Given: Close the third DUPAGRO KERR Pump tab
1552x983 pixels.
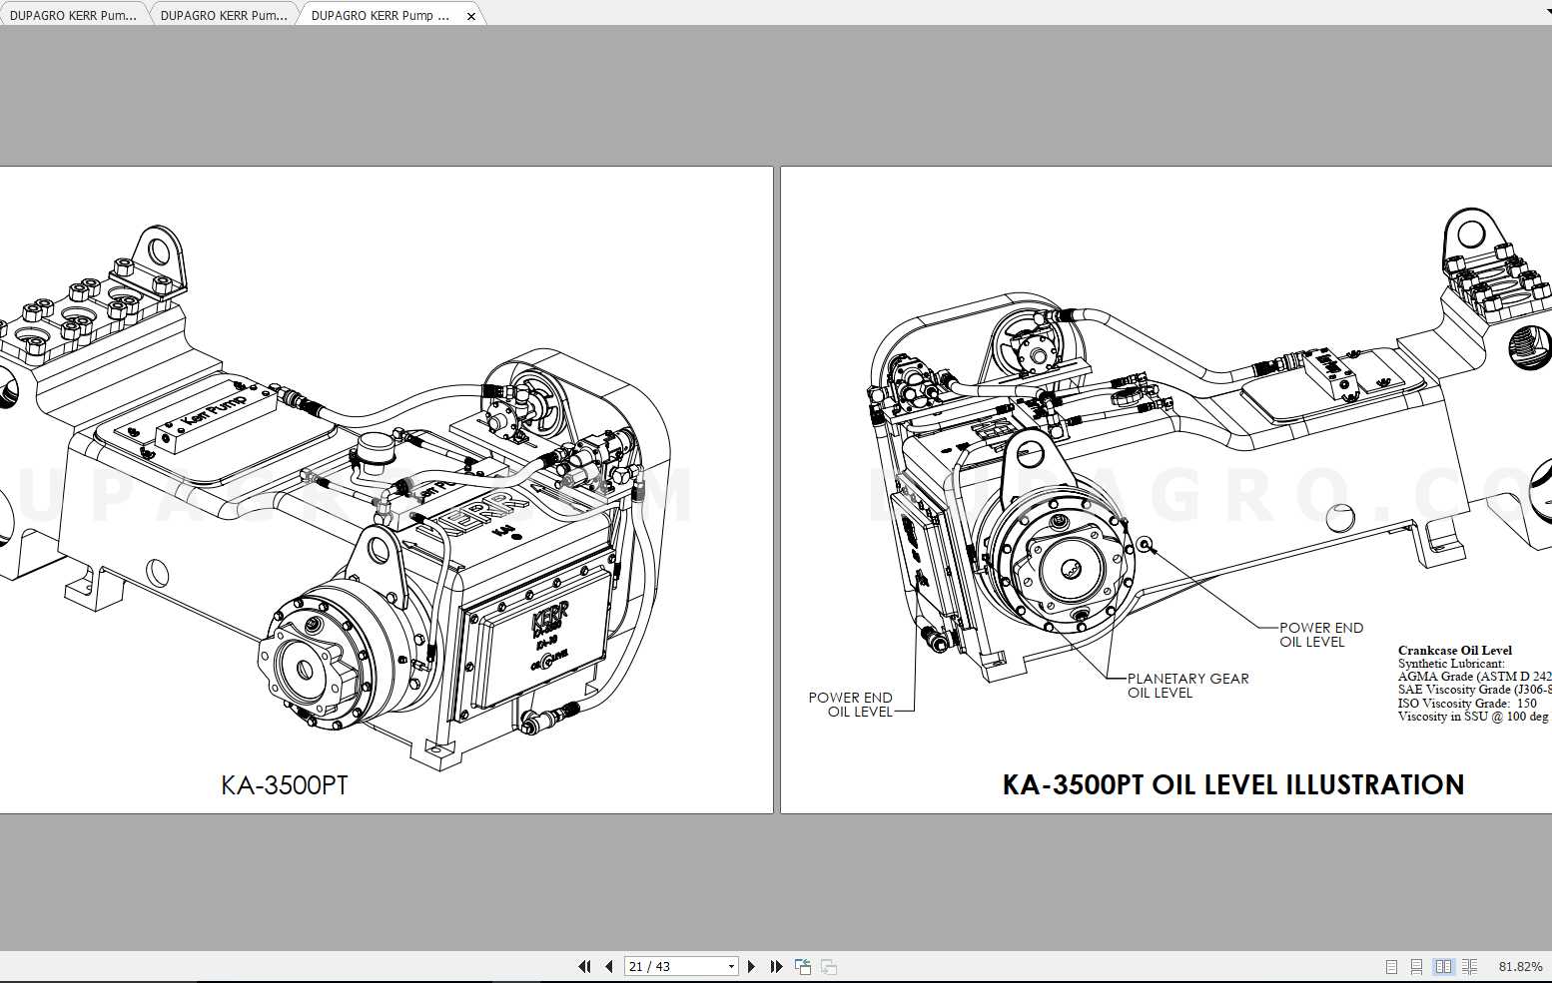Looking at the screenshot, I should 471,16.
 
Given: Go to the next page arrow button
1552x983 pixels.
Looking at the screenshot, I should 752,966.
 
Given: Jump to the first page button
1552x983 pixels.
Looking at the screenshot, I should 585,966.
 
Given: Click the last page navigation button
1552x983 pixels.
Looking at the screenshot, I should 776,966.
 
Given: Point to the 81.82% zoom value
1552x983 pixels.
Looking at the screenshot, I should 1520,966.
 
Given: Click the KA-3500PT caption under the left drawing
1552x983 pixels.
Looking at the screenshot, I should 285,785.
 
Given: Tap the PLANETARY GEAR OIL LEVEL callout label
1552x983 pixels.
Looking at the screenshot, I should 1187,686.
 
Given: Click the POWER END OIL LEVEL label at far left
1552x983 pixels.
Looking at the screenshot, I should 851,705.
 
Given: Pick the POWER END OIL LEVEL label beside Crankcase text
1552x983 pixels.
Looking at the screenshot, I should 1320,635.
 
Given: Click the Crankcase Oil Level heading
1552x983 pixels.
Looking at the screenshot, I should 1454,651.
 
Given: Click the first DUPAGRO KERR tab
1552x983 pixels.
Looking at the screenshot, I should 73,16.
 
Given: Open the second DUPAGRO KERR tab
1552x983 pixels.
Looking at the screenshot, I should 223,16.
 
